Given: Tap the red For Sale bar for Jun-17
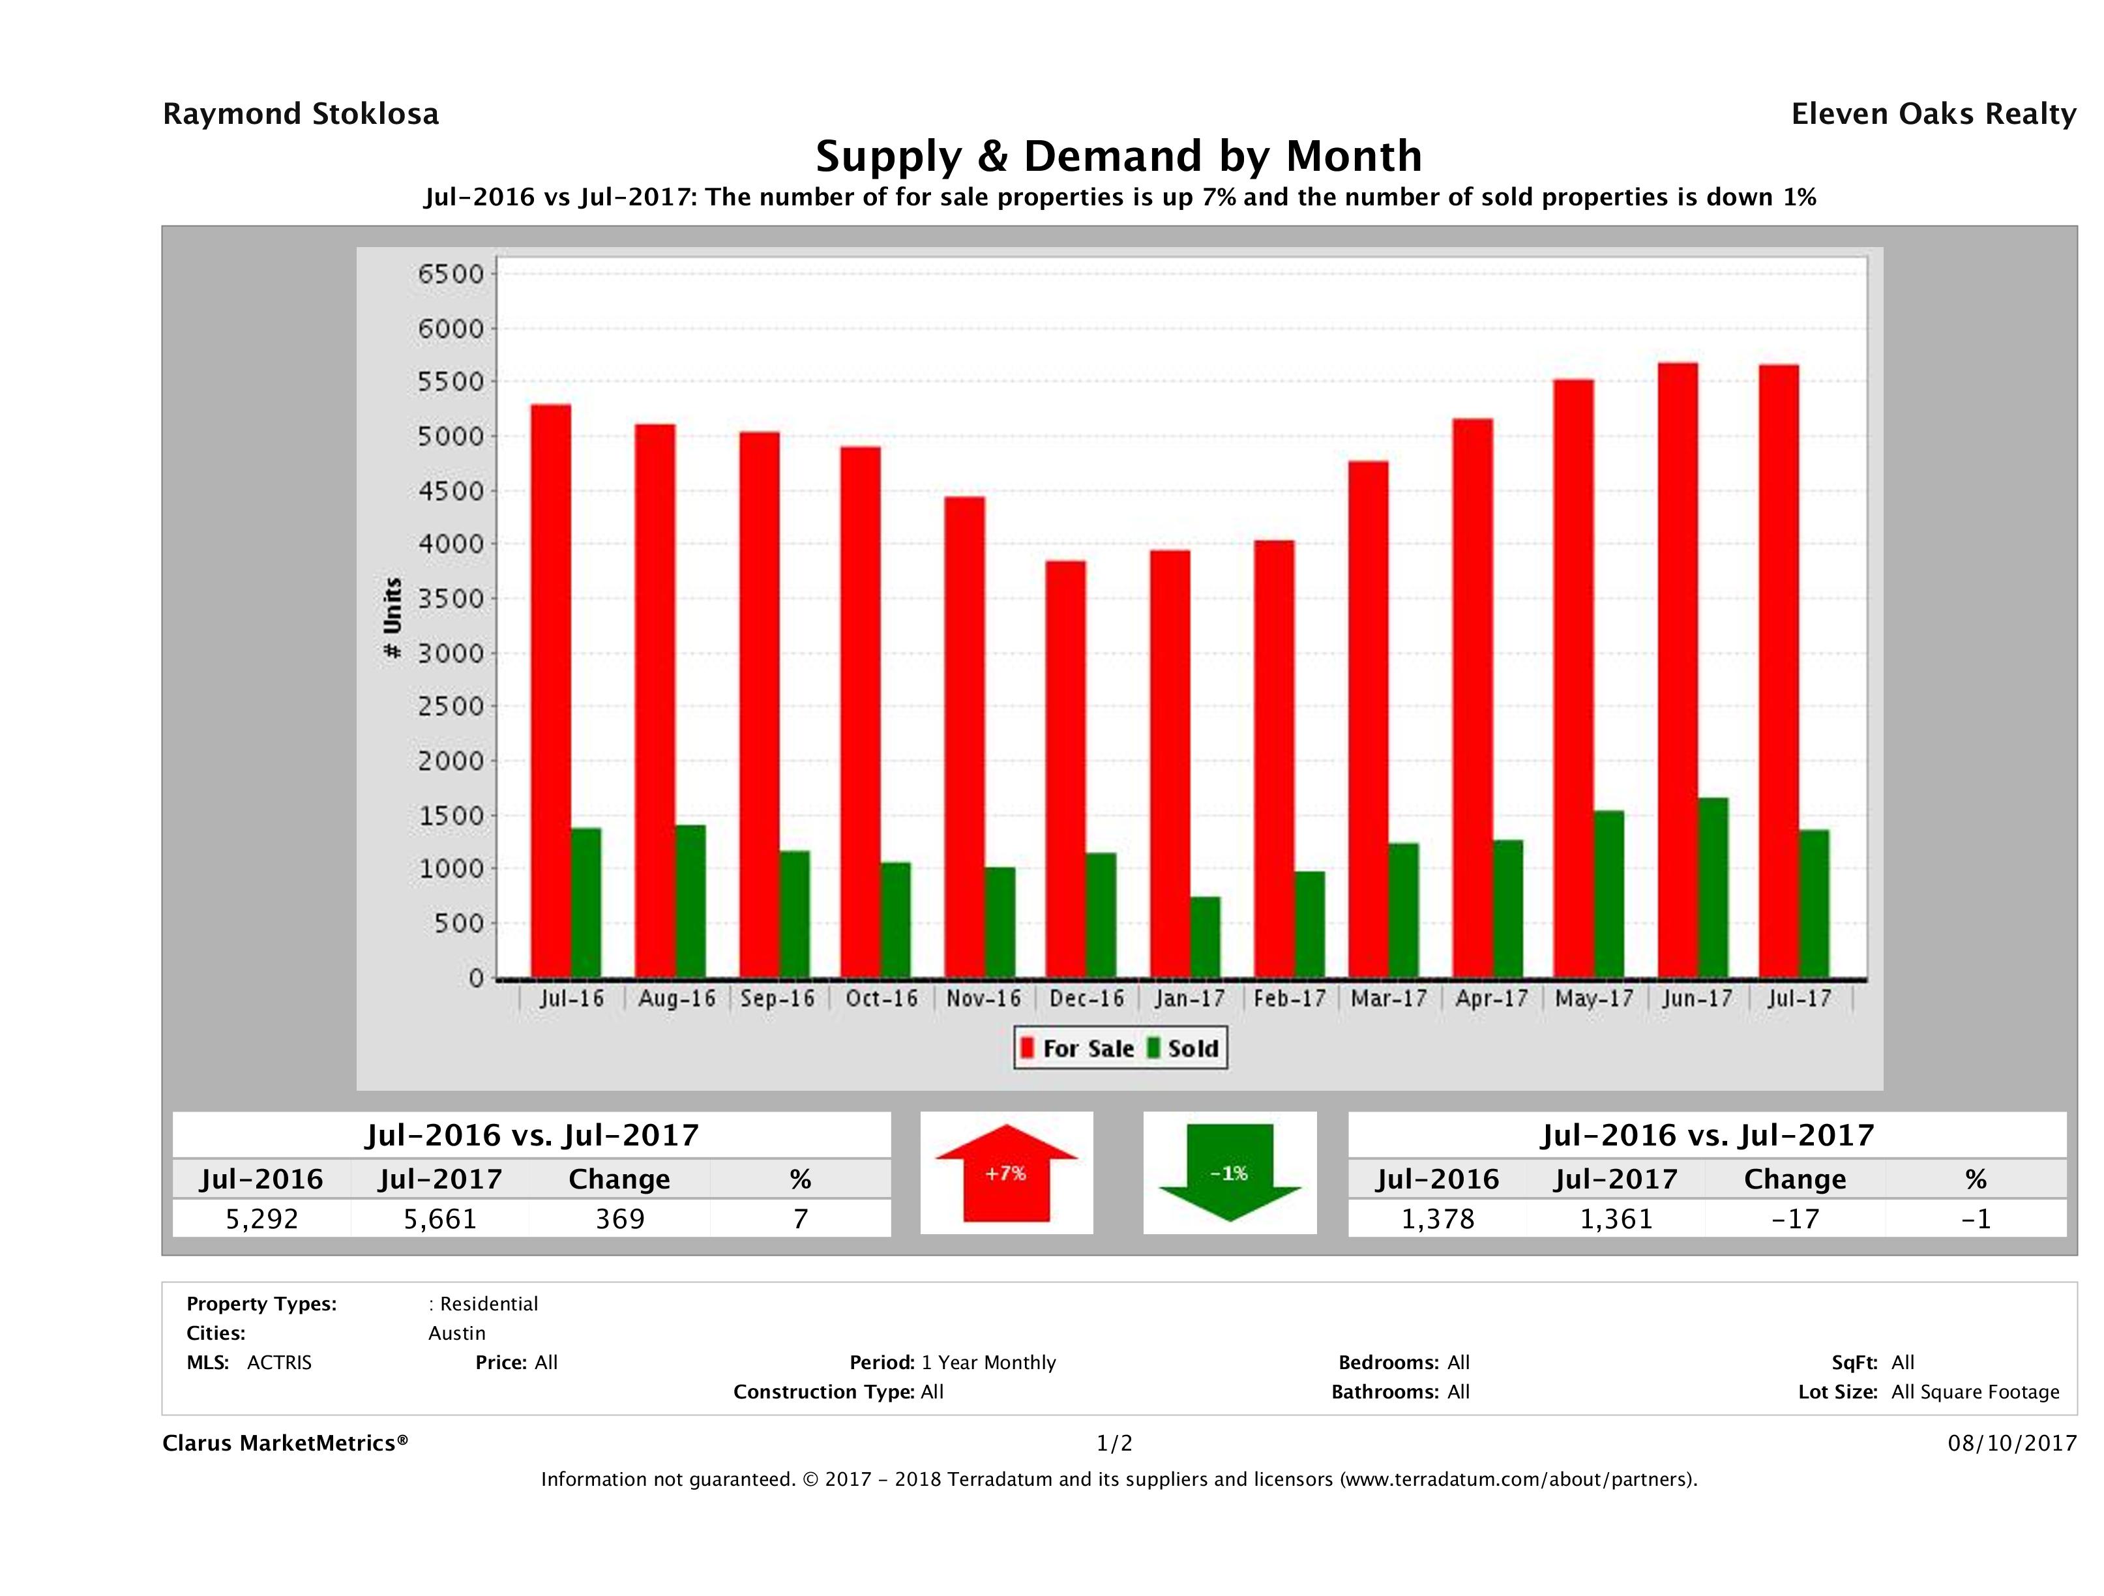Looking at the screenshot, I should click(x=1678, y=671).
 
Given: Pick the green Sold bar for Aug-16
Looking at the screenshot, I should click(x=690, y=902).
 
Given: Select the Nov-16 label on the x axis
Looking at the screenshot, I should click(x=983, y=999).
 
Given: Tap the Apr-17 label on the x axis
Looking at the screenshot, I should click(x=1491, y=999).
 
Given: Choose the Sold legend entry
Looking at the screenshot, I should click(x=1184, y=1048).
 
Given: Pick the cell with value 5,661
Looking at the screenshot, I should click(x=440, y=1219).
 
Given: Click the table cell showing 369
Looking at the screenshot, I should click(x=620, y=1219).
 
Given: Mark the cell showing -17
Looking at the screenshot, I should click(x=1795, y=1219).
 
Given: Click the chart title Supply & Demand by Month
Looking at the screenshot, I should click(x=1119, y=156).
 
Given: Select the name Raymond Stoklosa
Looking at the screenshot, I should click(x=301, y=114).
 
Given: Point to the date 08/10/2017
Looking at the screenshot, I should click(x=2011, y=1443).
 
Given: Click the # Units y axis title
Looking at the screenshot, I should click(x=392, y=618).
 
